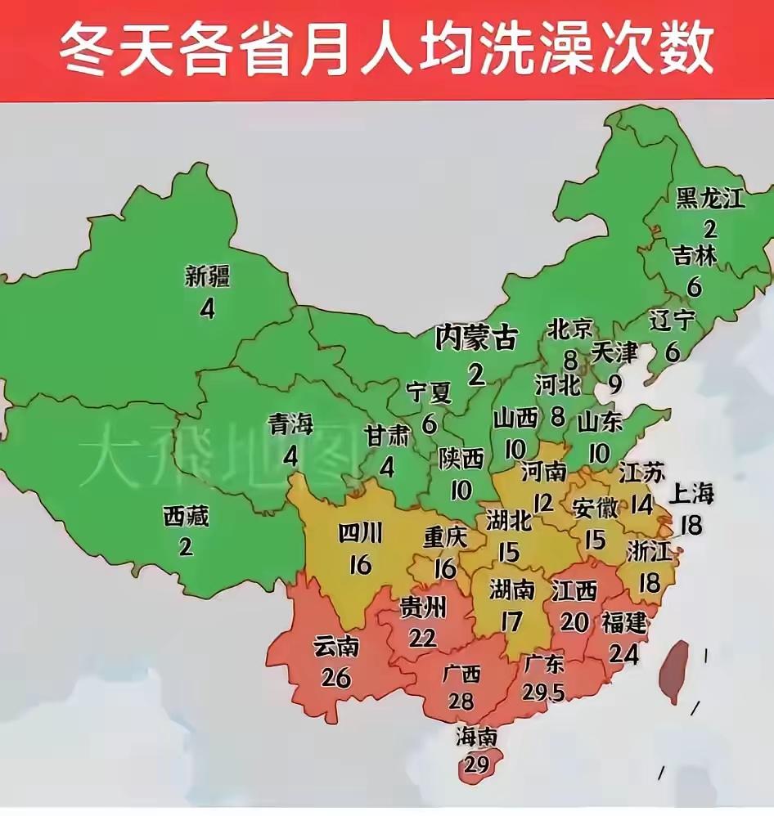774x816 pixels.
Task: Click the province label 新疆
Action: pos(209,276)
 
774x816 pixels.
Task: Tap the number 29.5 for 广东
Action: pos(542,692)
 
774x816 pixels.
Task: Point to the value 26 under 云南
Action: pos(336,678)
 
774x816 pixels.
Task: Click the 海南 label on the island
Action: pos(476,737)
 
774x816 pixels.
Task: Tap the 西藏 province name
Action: pos(186,517)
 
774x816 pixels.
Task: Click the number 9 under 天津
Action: pos(615,383)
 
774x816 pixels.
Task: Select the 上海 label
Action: pos(691,493)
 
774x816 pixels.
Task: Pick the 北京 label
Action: pos(569,330)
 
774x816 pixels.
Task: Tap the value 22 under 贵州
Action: pos(422,638)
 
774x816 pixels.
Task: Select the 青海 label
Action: pos(290,424)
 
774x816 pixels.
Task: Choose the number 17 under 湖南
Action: pos(511,621)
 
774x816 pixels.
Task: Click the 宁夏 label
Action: pos(430,393)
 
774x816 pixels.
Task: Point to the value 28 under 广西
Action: pos(461,701)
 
